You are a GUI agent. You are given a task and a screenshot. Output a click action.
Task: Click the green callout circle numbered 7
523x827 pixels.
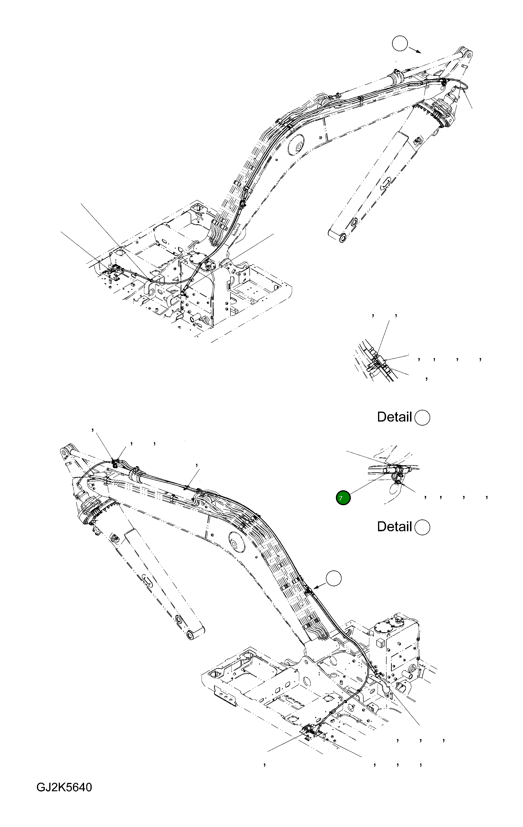pos(343,498)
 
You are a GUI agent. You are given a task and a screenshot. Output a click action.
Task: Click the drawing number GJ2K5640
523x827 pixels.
pos(64,787)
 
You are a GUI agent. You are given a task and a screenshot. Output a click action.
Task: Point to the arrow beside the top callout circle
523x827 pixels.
pos(415,50)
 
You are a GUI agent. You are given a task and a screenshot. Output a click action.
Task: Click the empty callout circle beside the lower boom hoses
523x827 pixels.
pos(334,579)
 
